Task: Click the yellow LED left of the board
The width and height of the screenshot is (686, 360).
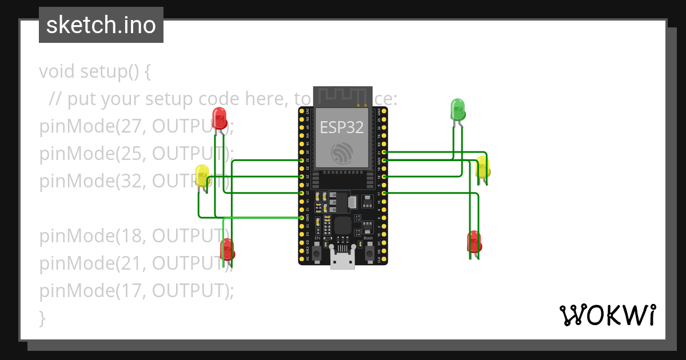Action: (202, 175)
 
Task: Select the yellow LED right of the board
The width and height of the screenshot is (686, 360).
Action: (483, 168)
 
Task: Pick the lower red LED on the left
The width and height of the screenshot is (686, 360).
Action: (228, 249)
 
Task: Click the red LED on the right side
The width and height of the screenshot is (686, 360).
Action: (474, 242)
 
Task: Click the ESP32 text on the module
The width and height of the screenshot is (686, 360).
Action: (341, 127)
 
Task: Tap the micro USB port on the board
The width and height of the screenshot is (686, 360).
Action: (342, 261)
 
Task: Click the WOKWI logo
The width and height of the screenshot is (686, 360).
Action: (607, 315)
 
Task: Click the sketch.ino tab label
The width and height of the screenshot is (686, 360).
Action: (101, 25)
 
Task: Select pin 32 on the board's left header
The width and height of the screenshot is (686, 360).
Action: (301, 161)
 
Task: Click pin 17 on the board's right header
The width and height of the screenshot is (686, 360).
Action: (384, 194)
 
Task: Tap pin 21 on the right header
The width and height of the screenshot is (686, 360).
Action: (384, 153)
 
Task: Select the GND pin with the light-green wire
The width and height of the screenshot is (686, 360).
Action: (301, 218)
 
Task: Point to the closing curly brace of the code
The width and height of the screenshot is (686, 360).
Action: (42, 318)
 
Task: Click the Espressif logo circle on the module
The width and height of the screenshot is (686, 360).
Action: (341, 153)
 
